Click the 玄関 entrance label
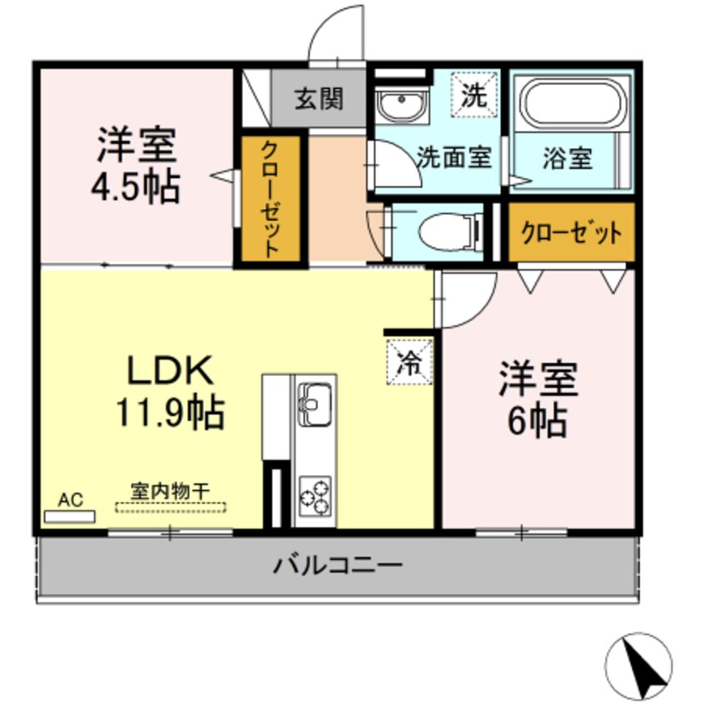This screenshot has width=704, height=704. [318, 100]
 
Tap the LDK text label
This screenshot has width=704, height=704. [171, 369]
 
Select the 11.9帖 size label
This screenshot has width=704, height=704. [171, 411]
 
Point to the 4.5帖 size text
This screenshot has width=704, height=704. [136, 188]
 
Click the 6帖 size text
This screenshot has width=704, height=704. [537, 422]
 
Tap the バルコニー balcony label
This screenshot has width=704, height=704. [338, 566]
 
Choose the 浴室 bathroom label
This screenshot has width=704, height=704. [568, 158]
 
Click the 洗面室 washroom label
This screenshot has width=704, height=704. [454, 157]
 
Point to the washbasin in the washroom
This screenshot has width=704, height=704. [400, 106]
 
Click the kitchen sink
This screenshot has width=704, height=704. [315, 402]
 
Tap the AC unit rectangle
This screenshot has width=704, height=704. [70, 517]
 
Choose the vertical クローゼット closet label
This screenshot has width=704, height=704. [269, 200]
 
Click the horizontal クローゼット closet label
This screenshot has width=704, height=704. [571, 233]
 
